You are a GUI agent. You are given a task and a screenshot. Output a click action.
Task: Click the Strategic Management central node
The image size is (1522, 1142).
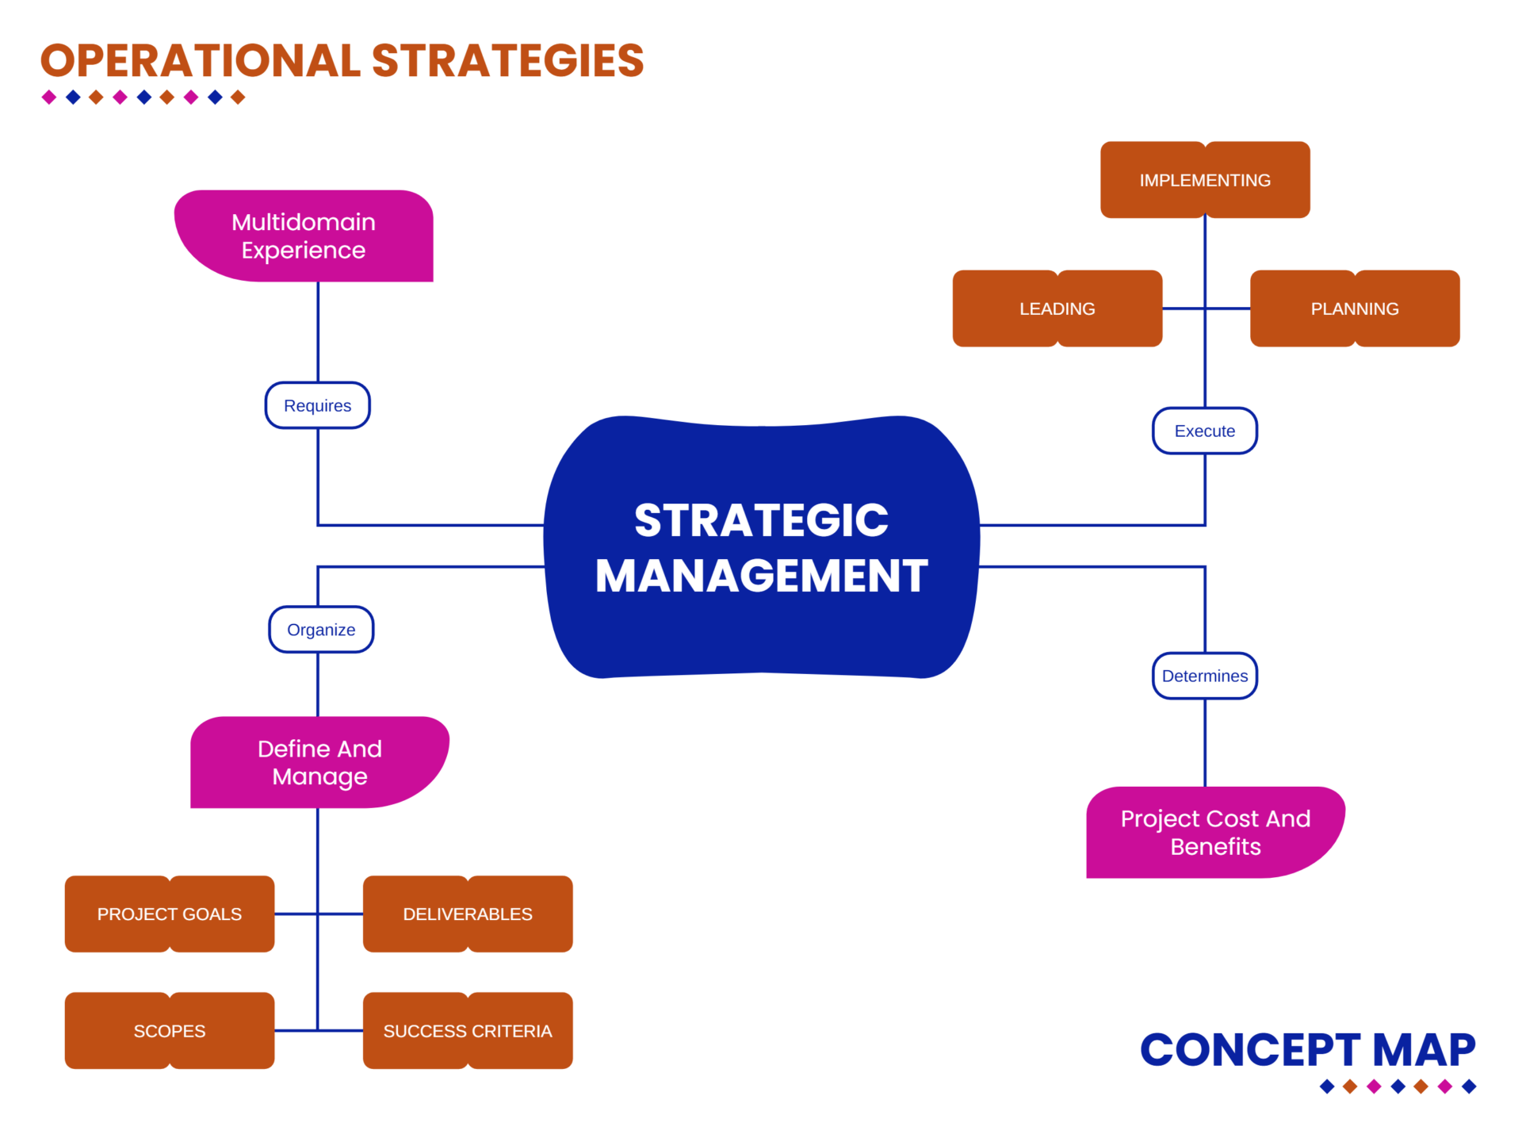pos(761,547)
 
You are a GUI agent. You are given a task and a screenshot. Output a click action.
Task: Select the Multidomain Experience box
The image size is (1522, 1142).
pos(304,236)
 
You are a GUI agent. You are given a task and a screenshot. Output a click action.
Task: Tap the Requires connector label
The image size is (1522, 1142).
pos(317,405)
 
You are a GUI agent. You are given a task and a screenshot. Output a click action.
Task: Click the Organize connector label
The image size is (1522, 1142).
pos(321,630)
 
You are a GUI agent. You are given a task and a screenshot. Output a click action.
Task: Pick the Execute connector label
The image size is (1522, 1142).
pos(1204,431)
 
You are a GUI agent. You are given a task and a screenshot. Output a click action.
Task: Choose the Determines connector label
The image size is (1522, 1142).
pos(1204,676)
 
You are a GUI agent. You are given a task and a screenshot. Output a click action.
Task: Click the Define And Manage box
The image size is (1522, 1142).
pos(319,762)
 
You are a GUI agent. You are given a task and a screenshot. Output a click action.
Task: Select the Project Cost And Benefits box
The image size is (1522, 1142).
pos(1215,832)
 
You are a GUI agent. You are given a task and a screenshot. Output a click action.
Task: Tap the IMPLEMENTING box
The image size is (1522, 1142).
pos(1205,180)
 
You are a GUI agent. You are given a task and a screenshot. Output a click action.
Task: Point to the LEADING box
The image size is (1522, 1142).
pos(1057,308)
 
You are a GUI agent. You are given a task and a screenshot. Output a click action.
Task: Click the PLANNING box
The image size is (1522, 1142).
pos(1355,308)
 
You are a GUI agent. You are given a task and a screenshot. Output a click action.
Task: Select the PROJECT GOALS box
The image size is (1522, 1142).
pos(170,914)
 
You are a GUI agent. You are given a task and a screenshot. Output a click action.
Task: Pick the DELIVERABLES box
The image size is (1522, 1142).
pos(468,914)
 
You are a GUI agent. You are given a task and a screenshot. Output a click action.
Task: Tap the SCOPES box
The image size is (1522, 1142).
pos(170,1031)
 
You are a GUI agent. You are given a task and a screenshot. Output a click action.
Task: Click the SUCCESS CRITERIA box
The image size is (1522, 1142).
pos(468,1031)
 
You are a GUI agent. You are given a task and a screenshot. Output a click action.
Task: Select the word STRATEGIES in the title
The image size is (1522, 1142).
pos(507,61)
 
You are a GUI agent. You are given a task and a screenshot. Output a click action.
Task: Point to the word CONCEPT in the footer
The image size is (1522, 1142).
pos(1250,1050)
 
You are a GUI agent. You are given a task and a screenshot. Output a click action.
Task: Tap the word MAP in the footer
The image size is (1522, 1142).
pos(1424,1050)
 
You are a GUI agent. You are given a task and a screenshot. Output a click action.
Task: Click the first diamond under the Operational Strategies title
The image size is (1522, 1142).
pos(49,98)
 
